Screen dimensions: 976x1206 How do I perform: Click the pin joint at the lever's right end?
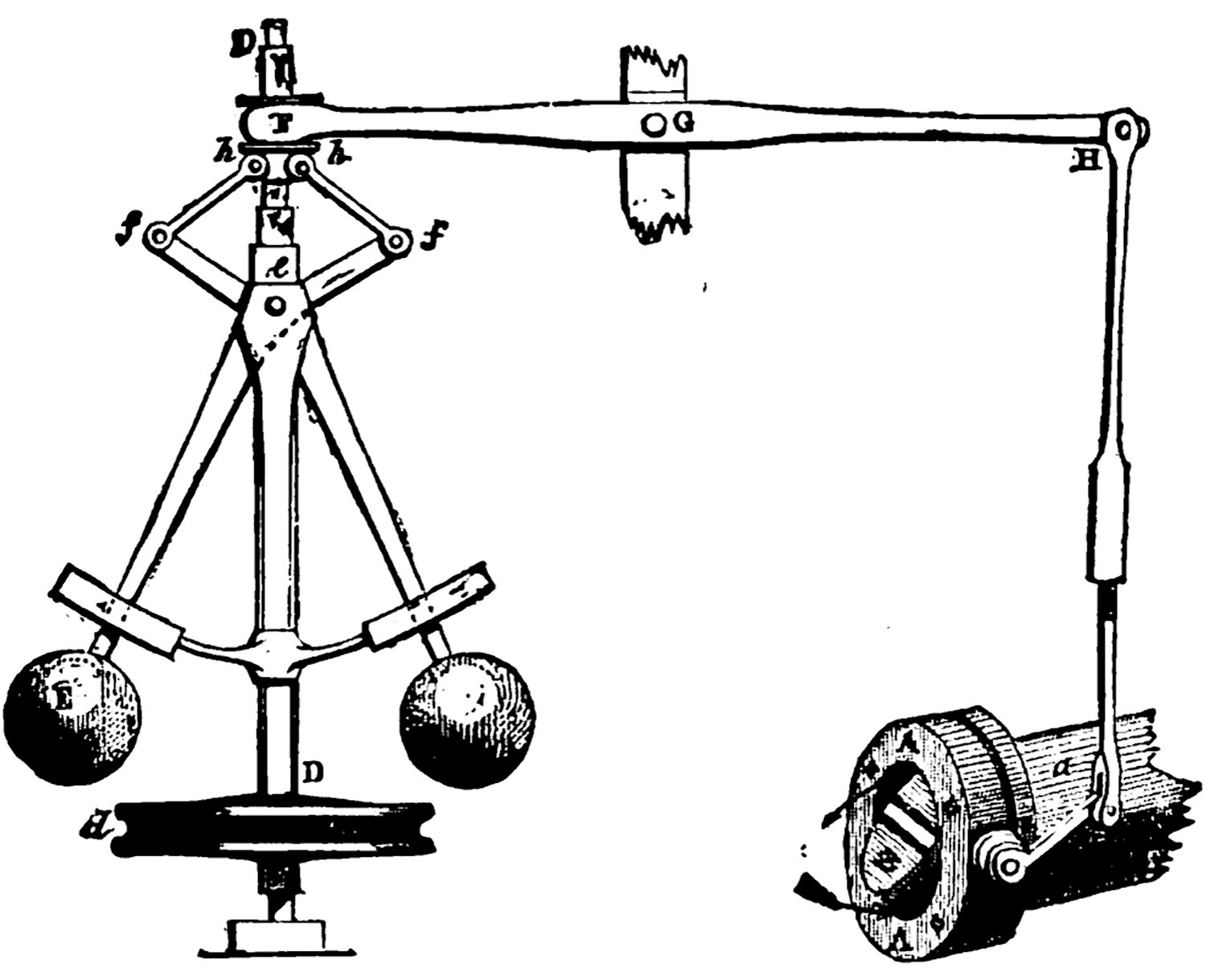1125,129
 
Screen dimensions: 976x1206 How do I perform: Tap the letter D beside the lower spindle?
314,773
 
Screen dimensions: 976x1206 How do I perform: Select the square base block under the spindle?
277,937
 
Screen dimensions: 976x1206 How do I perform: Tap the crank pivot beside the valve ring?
1009,864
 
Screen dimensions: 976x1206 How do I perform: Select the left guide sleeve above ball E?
117,612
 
